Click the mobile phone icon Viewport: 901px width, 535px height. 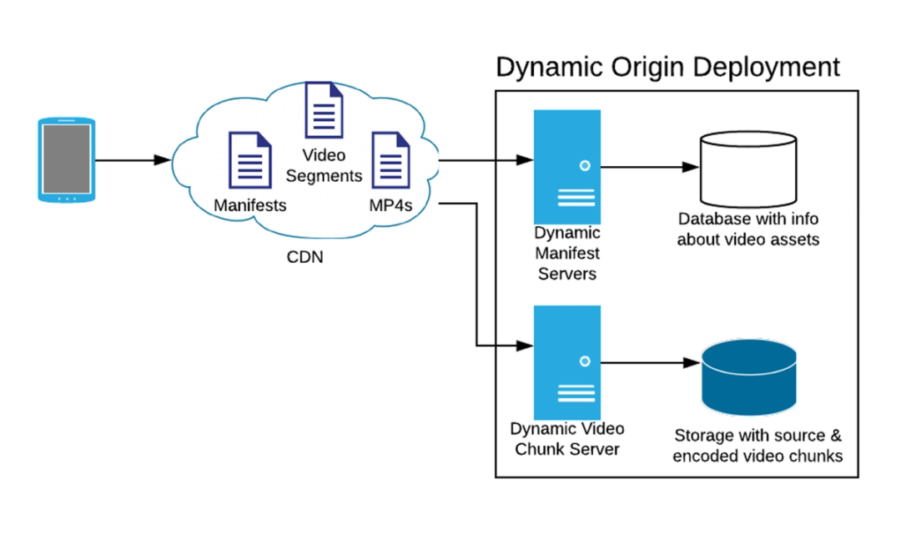click(x=66, y=159)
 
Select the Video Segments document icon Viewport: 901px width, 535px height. click(x=324, y=109)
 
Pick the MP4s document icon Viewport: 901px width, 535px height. click(x=390, y=159)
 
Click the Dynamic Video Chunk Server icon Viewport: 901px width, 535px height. click(x=566, y=363)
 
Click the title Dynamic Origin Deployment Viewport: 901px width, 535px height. click(x=667, y=67)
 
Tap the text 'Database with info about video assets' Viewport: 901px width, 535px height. click(x=747, y=230)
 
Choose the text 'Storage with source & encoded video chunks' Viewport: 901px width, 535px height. click(x=758, y=446)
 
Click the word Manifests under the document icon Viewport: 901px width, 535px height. click(x=249, y=204)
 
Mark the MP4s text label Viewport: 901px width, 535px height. click(x=390, y=204)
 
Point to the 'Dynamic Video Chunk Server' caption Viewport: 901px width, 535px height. click(x=566, y=439)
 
